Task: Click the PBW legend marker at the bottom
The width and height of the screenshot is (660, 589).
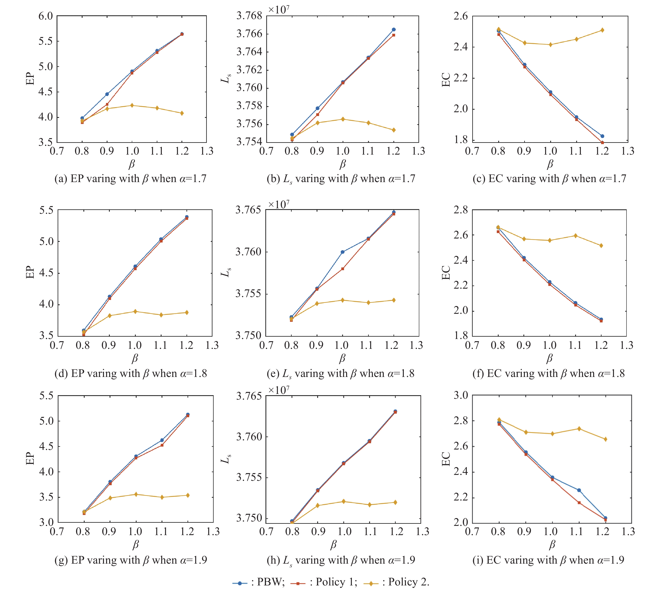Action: (240, 583)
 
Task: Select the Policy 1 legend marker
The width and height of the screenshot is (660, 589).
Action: (298, 583)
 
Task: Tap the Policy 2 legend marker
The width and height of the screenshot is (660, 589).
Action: (371, 583)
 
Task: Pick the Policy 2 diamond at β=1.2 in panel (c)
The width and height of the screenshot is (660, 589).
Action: (602, 30)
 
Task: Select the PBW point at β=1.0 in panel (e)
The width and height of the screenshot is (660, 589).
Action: (343, 252)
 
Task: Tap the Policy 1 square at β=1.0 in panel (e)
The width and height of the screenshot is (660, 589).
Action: (343, 269)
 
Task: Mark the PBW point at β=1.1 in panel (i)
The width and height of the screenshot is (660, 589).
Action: (579, 490)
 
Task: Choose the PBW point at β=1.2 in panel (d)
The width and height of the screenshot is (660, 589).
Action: (187, 217)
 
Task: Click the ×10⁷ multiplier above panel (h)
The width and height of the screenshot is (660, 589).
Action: (279, 390)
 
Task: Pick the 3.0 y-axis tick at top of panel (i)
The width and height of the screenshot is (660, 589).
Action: (461, 395)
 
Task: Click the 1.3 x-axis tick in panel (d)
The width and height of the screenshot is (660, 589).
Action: (212, 345)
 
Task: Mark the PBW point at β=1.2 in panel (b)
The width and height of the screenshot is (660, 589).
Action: (394, 29)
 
